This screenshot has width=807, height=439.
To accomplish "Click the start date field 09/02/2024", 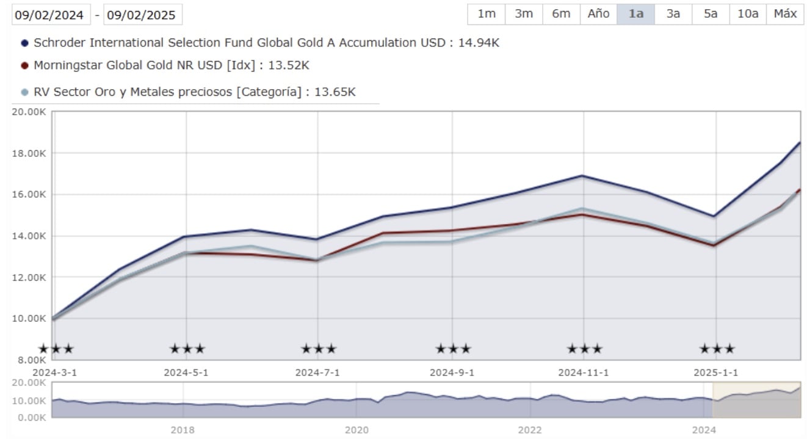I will [x=51, y=15].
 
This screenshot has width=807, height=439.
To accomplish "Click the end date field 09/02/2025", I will [x=143, y=15].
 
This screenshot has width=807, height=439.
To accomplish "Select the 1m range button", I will [x=486, y=14].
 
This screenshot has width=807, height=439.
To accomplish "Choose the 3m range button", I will [x=523, y=14].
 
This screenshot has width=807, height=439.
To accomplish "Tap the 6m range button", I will [x=560, y=14].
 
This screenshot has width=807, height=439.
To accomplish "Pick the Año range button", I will [x=598, y=14].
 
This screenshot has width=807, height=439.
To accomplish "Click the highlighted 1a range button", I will [x=635, y=14].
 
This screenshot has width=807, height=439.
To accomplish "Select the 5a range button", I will [x=710, y=14].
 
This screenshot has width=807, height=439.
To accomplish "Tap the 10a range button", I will [x=747, y=14].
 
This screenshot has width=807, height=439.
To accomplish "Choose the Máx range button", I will [x=785, y=14].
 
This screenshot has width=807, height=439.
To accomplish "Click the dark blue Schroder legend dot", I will [x=24, y=43].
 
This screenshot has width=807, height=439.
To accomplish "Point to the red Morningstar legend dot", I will [x=24, y=66].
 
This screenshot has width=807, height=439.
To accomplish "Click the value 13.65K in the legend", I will [x=334, y=92].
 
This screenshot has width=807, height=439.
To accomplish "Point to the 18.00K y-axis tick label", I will [x=29, y=153].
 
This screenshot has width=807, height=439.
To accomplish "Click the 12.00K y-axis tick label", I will [x=29, y=277].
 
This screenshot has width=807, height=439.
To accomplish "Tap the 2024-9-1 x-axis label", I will [x=452, y=372].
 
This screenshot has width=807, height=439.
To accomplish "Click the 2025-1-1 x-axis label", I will [x=716, y=372].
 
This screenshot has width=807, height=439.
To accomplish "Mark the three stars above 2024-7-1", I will [x=318, y=349].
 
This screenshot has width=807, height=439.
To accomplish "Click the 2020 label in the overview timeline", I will [x=356, y=430].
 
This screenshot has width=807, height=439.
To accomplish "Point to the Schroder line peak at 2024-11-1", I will [x=584, y=176].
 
